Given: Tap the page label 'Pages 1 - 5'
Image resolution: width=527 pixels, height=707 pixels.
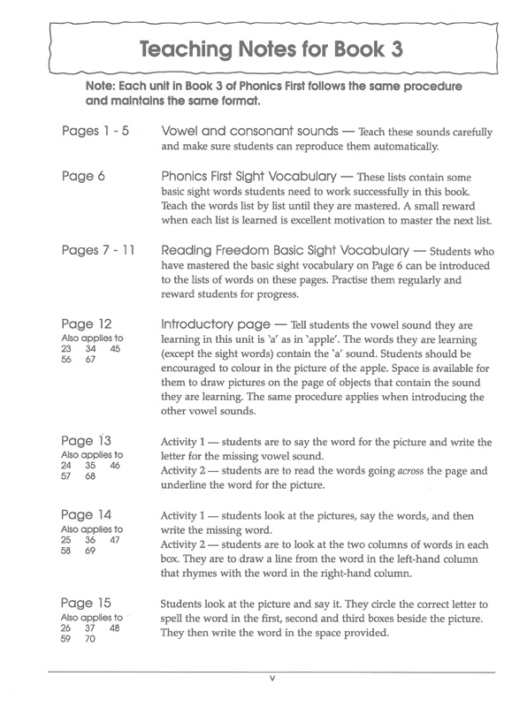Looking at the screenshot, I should click(x=96, y=131).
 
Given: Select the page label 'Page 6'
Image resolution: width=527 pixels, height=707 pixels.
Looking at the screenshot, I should click(x=84, y=176).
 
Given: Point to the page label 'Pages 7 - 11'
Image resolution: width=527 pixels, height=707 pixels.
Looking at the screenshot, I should click(x=98, y=250).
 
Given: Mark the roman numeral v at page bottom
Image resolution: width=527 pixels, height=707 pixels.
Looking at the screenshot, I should click(x=272, y=679).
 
